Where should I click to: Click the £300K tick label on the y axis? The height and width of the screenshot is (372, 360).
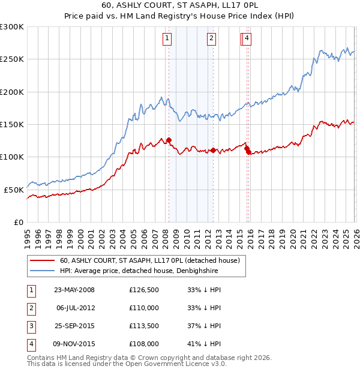(12, 27)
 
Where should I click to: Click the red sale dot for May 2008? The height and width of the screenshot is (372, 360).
(169, 140)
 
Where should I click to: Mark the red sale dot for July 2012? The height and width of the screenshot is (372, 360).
(212, 151)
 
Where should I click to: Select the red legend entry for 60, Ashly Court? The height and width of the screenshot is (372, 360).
(149, 260)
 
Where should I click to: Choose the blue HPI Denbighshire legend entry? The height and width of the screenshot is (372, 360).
(139, 271)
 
